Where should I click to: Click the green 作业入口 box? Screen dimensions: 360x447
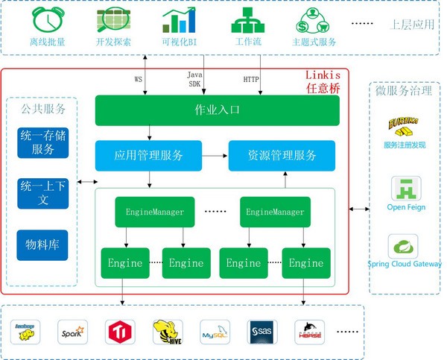217,111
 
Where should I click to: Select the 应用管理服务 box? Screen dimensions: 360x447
148,156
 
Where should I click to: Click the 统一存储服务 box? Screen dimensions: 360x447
43,142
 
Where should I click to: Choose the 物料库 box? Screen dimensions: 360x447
43,244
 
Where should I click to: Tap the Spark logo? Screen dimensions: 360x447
74,330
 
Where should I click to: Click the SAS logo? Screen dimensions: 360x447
263,330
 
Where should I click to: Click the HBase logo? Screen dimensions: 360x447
310,329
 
